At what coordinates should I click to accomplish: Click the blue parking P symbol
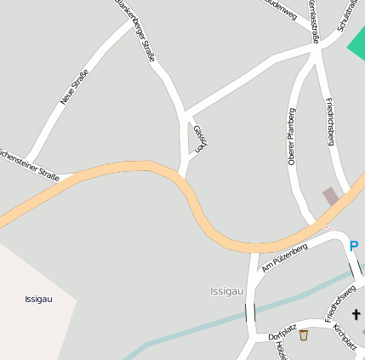(354, 247)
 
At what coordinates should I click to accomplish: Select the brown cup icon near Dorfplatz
(304, 335)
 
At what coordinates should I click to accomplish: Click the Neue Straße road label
(74, 88)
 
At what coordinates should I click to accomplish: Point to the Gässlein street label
(200, 138)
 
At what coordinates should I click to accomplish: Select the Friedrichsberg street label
(330, 121)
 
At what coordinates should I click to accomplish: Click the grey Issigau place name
(227, 291)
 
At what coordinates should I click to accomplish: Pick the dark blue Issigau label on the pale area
(39, 300)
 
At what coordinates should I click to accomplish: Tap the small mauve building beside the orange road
(330, 197)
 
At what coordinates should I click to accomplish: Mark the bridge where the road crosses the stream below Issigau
(250, 313)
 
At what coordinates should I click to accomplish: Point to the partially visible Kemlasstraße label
(313, 19)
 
